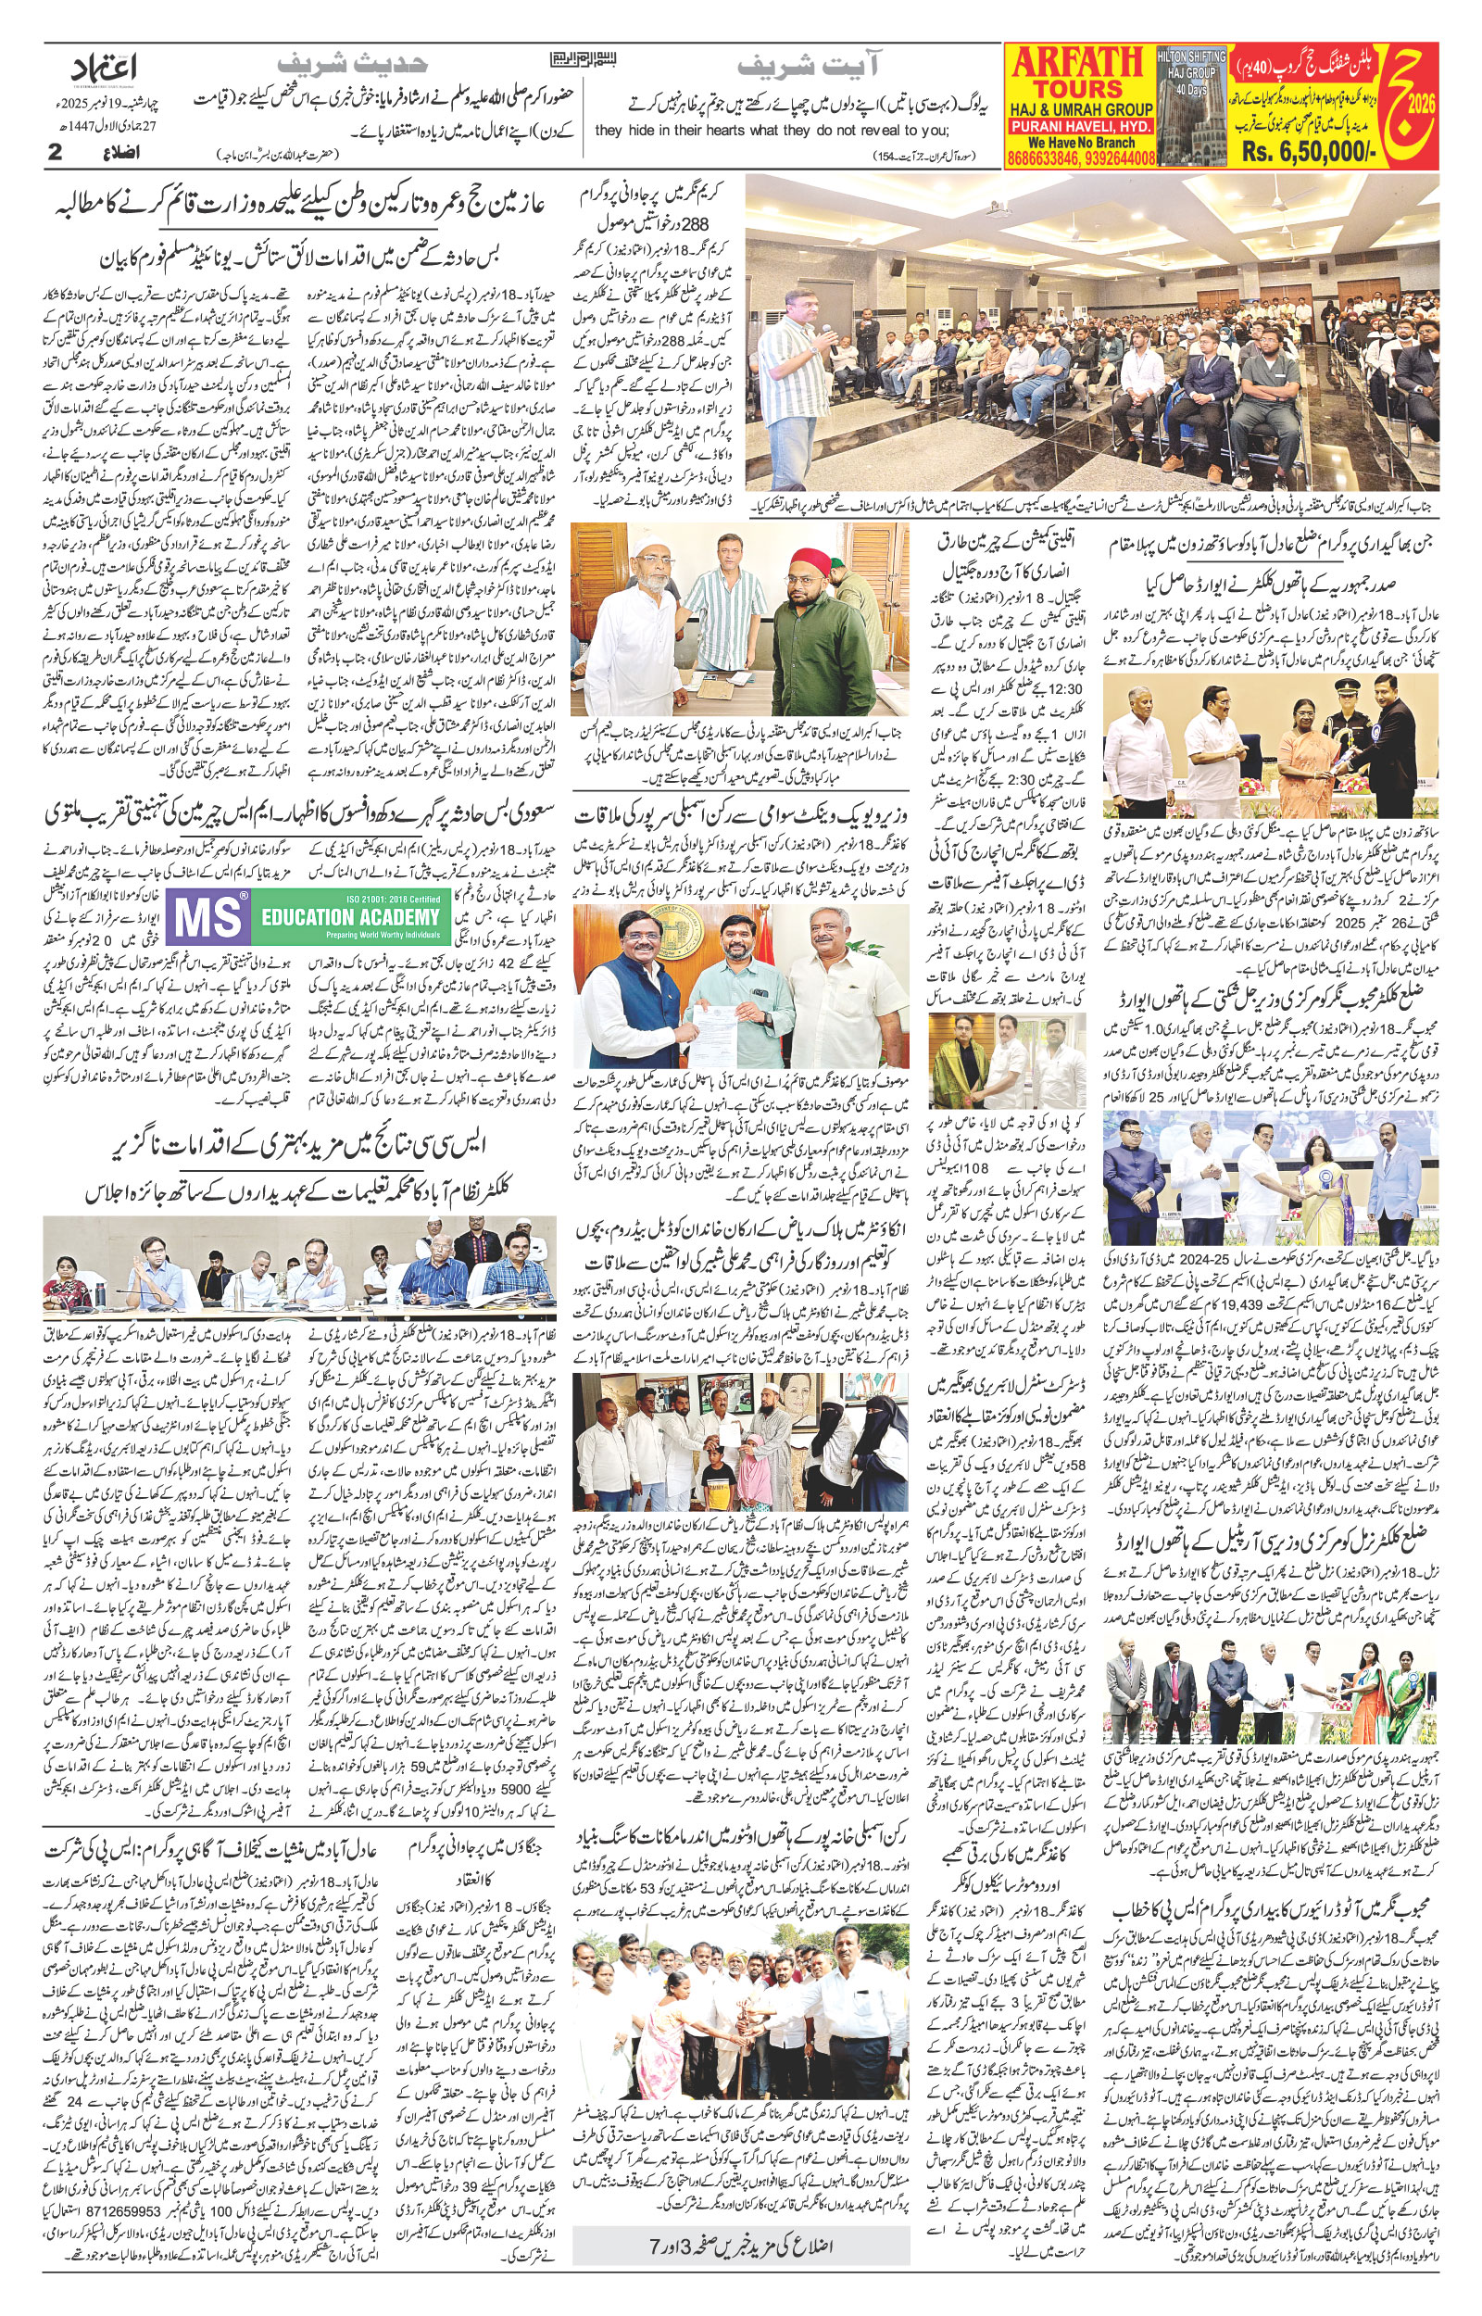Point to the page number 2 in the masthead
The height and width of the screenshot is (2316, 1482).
coord(54,152)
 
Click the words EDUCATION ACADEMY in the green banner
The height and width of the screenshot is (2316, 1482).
coord(353,915)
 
